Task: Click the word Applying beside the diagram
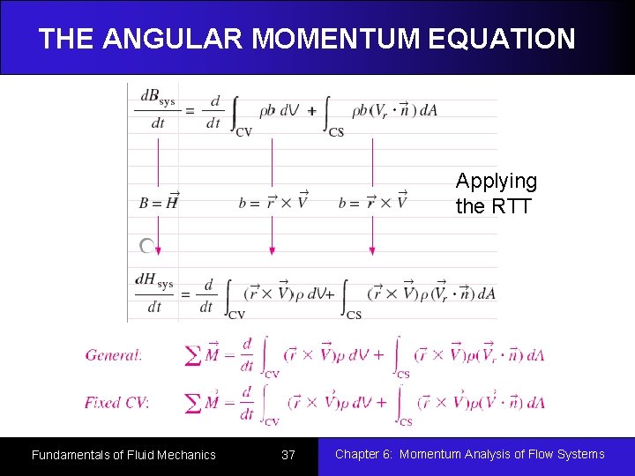[496, 182]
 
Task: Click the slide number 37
[288, 455]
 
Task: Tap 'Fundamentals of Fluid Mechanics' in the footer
[123, 455]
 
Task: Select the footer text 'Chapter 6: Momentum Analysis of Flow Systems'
[469, 454]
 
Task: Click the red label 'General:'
[114, 355]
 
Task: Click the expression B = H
[159, 202]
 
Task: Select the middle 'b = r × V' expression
[273, 202]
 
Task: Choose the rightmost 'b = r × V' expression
[372, 202]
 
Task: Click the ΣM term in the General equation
[205, 355]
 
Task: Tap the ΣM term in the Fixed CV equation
[205, 403]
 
